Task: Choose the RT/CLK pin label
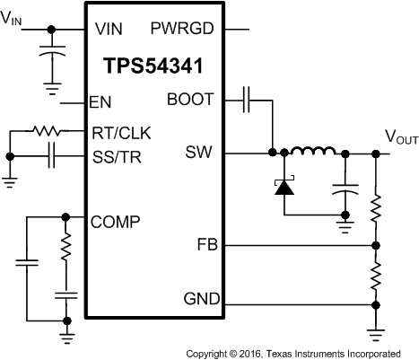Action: [121, 133]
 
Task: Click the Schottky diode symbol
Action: [284, 187]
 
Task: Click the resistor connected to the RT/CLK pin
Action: [45, 132]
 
